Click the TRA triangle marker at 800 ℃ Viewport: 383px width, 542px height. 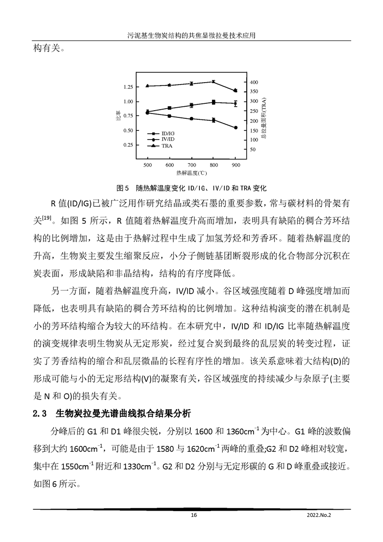pyautogui.click(x=213, y=82)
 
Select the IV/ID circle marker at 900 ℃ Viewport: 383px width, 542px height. pyautogui.click(x=235, y=128)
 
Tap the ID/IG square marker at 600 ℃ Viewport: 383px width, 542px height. pyautogui.click(x=170, y=108)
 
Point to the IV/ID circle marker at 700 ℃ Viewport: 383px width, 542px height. pyautogui.click(x=192, y=118)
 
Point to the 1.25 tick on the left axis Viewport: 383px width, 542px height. pyautogui.click(x=128, y=87)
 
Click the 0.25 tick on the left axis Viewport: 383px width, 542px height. pyautogui.click(x=128, y=145)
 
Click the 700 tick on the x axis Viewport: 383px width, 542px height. pyautogui.click(x=192, y=165)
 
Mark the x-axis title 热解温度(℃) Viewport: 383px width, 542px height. pyautogui.click(x=192, y=172)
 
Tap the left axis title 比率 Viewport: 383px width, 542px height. pyautogui.click(x=117, y=115)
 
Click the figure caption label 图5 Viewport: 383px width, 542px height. pyautogui.click(x=122, y=187)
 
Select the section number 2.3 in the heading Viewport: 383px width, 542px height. pyautogui.click(x=39, y=414)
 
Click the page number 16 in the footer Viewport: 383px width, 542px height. pyautogui.click(x=194, y=515)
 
